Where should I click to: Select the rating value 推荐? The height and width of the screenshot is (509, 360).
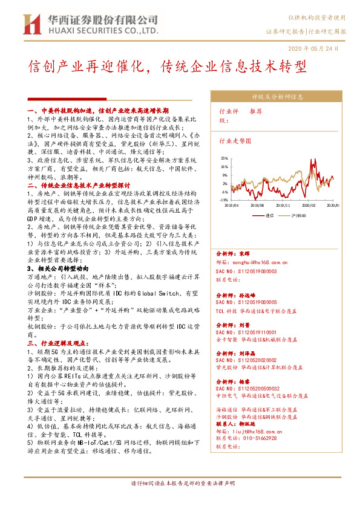[256, 112]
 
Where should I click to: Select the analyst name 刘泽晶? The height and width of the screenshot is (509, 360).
[249, 351]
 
